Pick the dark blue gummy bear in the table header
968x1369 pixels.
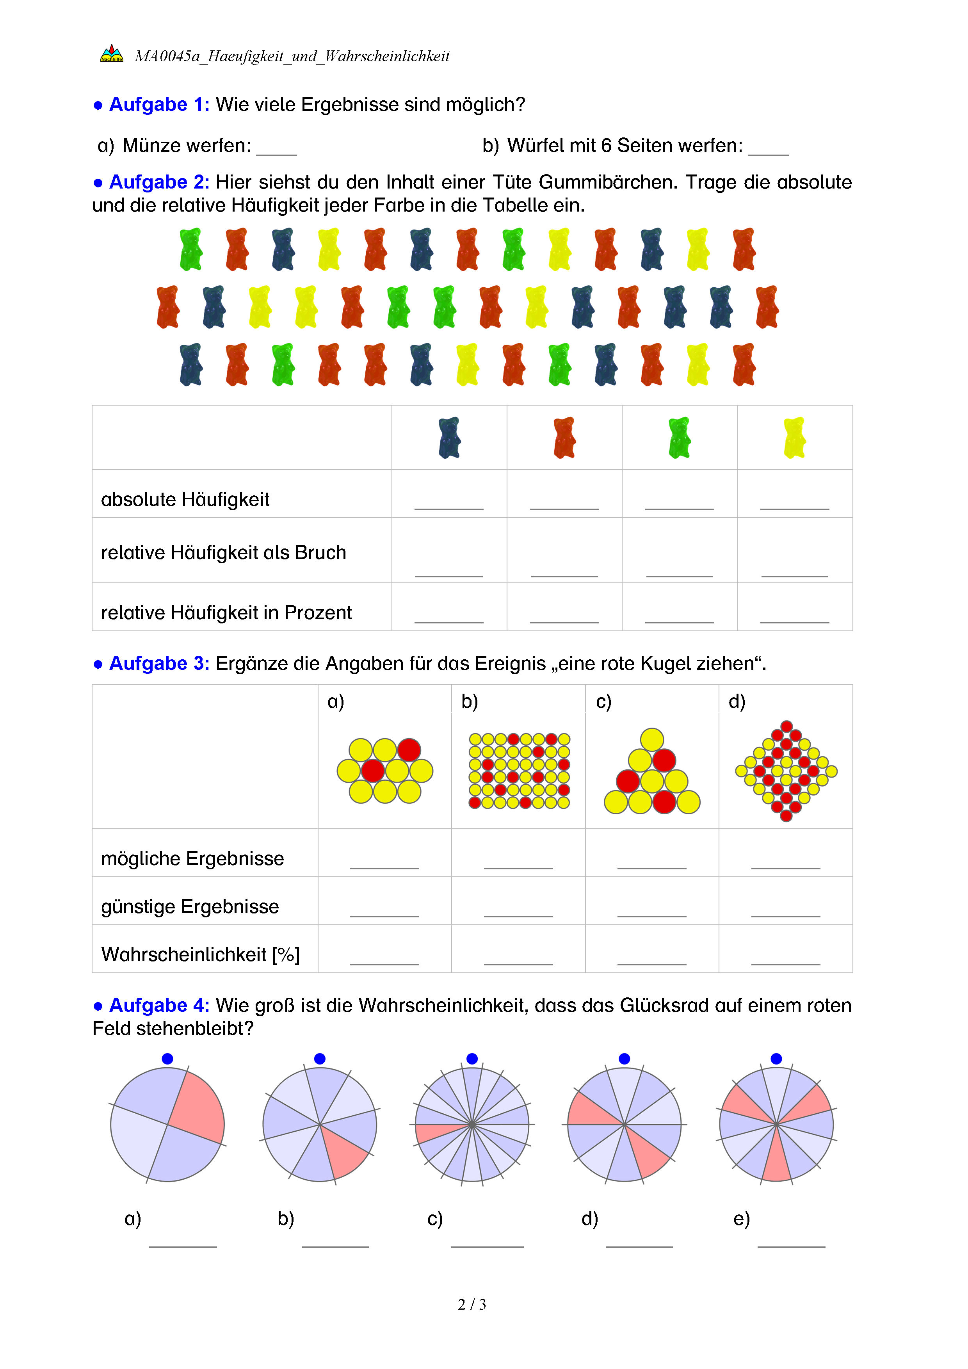coord(449,438)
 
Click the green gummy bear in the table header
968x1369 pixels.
coord(680,438)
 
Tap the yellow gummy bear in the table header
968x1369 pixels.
coord(795,438)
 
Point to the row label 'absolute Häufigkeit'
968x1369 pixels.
coord(185,500)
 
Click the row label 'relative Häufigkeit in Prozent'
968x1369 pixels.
coord(226,612)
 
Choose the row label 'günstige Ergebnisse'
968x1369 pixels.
coord(190,906)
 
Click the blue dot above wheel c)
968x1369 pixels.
coord(472,1058)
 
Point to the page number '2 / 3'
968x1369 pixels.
coord(472,1305)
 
